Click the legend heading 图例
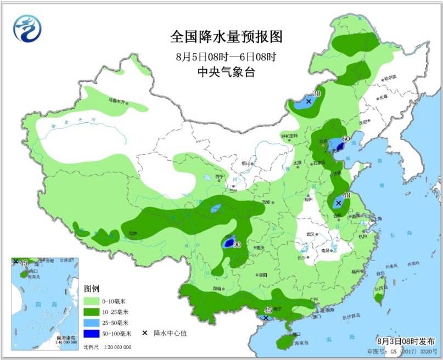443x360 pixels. (91, 289)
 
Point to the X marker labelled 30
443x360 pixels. (309, 102)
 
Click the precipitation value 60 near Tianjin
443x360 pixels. (346, 138)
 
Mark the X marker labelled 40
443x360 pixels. (338, 203)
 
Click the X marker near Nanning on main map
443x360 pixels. (266, 317)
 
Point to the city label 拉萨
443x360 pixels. (132, 233)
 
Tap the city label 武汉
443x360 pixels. (310, 234)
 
